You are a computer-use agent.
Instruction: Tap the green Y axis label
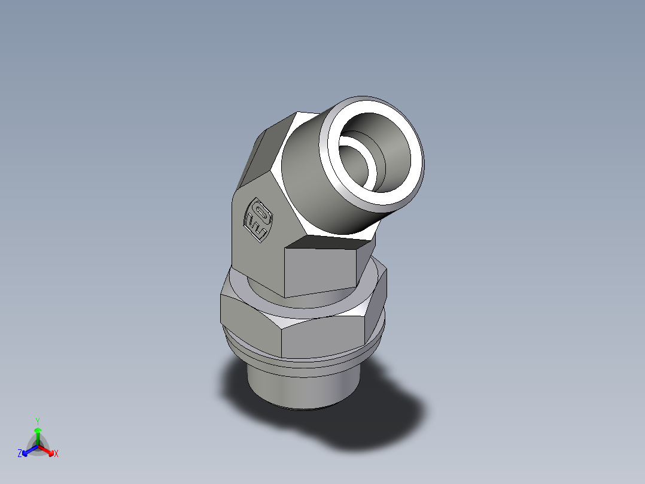coord(37,421)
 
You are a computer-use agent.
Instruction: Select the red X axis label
coord(56,454)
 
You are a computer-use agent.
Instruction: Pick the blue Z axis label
coord(20,454)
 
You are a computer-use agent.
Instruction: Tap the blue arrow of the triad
coord(28,450)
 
